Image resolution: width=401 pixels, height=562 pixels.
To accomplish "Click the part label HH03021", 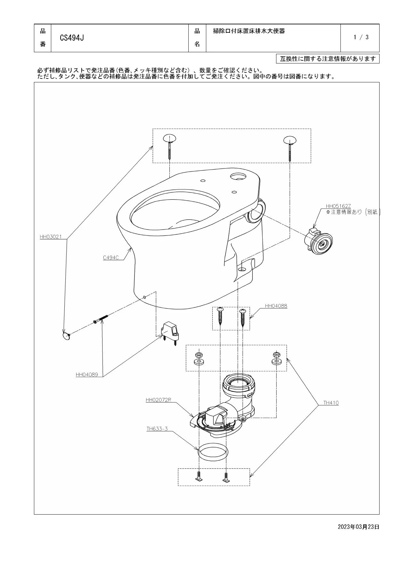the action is point(50,237).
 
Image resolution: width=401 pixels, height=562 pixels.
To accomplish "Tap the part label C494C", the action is point(111,257).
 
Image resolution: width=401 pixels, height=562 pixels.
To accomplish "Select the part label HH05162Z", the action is point(338,206).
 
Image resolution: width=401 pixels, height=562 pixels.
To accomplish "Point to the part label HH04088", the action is point(276,306).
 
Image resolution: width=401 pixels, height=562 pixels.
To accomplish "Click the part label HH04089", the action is point(87,374).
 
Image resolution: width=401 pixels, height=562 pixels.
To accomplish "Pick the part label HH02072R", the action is point(159,400).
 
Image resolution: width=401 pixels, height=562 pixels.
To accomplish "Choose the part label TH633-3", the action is point(157,429).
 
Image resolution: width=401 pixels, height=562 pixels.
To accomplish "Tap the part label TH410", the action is point(331,403).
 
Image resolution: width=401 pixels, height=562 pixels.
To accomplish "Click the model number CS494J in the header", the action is point(72,38).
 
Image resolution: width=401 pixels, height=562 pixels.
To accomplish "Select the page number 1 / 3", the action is point(361,37).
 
